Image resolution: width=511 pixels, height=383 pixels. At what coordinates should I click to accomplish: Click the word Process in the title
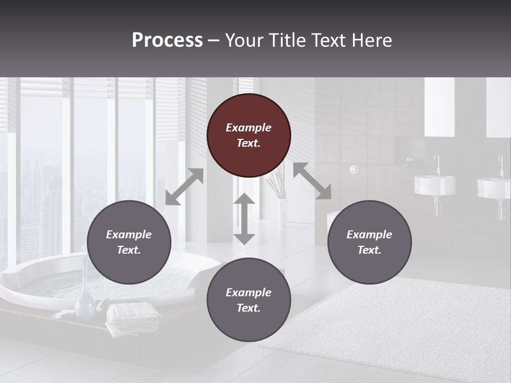click(x=167, y=40)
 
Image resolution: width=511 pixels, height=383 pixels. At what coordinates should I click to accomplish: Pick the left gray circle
click(x=129, y=242)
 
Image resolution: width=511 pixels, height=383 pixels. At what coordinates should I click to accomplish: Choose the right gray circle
click(x=369, y=242)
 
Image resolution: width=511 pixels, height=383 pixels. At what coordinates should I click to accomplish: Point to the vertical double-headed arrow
click(x=244, y=219)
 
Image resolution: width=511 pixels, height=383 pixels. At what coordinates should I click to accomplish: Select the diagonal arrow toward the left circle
click(x=184, y=187)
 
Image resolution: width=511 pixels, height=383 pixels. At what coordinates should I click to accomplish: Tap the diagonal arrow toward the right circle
click(x=312, y=181)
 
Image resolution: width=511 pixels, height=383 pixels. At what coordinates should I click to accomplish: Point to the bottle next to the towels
click(x=85, y=302)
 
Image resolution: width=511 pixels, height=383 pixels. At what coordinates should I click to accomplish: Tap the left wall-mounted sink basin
click(x=435, y=185)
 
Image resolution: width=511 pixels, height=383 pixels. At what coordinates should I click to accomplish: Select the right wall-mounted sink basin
click(x=493, y=188)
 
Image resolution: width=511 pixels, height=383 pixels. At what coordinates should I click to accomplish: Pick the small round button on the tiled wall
click(x=353, y=170)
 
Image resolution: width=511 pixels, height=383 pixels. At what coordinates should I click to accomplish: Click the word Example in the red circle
click(x=249, y=128)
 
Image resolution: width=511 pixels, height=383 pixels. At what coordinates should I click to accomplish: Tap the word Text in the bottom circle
click(x=248, y=308)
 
